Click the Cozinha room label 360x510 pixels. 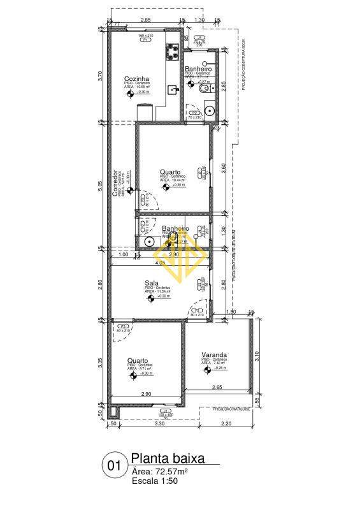[137, 79]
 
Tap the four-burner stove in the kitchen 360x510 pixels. [172, 51]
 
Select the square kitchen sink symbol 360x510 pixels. [172, 90]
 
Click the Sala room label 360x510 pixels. [152, 282]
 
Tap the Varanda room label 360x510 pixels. [215, 355]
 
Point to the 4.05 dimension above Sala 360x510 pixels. [159, 262]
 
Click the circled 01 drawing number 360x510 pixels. [114, 466]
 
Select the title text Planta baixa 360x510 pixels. [168, 458]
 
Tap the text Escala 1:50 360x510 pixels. [155, 481]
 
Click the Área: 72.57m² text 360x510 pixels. [161, 470]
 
